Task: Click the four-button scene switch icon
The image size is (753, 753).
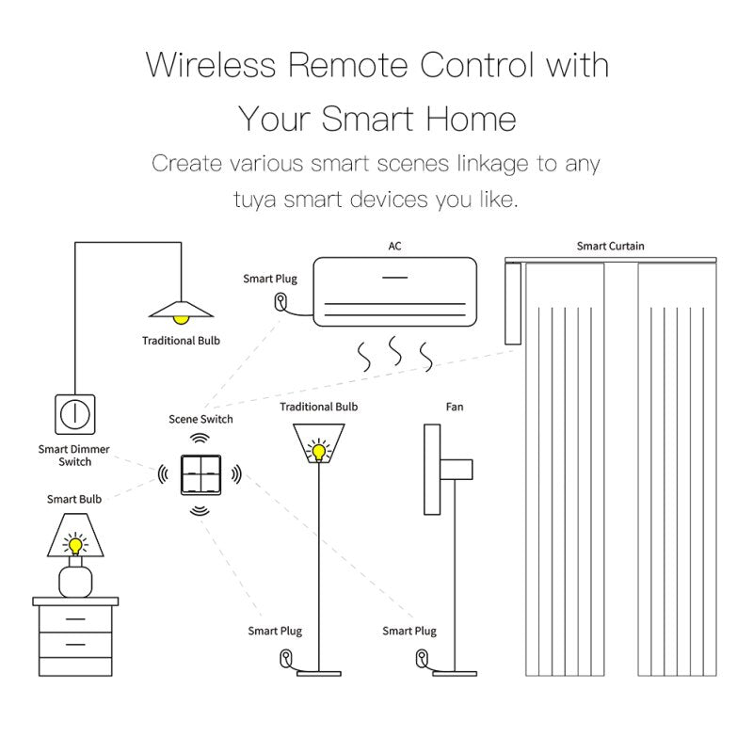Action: pos(200,474)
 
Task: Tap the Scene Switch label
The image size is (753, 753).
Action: pos(200,419)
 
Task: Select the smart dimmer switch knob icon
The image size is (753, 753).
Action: pos(75,414)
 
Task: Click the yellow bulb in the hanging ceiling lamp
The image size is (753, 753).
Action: pos(181,319)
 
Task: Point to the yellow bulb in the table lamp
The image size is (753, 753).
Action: pos(75,546)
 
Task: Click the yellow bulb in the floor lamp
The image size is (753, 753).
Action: pos(319,452)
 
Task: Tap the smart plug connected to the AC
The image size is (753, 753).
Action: pos(280,302)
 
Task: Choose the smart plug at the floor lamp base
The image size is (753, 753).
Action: pos(286,658)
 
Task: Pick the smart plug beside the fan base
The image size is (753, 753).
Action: pos(422,658)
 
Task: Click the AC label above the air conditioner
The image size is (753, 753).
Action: pos(394,247)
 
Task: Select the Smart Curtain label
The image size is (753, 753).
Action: pos(610,247)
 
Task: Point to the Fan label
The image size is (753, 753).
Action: pos(455,408)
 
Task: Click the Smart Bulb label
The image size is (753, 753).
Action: pos(74,500)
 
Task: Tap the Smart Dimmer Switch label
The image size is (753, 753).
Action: pos(74,456)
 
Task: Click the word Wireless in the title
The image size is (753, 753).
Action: pos(211,64)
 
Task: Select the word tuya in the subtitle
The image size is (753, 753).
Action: pos(255,200)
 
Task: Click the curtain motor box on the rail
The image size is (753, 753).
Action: pos(513,303)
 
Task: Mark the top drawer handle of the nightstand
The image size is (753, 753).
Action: pos(75,619)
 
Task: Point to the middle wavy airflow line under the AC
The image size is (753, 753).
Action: pos(395,350)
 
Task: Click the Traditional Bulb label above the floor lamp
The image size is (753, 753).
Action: pos(319,408)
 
